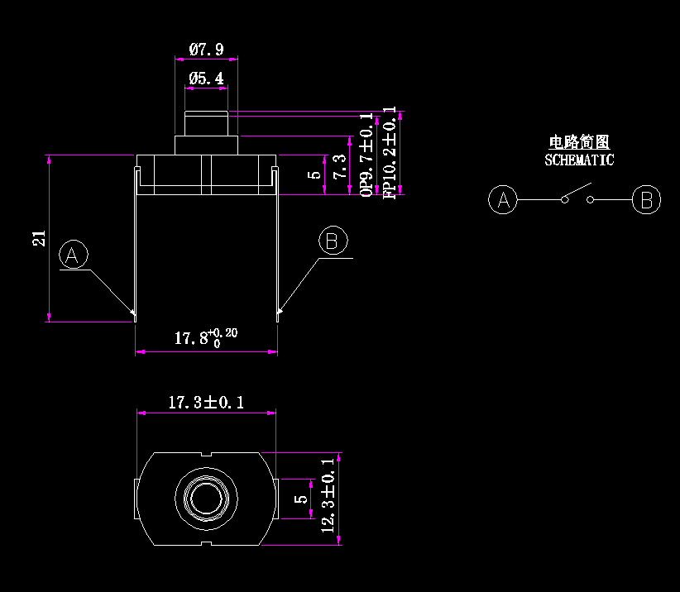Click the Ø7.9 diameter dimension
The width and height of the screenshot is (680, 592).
point(206,50)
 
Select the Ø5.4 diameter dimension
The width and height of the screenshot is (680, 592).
point(206,79)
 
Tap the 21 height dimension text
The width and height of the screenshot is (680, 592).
point(38,238)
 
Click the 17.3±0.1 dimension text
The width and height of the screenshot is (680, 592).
point(207,403)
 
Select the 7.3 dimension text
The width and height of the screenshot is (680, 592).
point(339,168)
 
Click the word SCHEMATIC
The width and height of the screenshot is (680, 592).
point(579,160)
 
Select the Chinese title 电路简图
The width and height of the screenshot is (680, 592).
point(579,143)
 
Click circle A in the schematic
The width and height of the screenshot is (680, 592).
point(503,200)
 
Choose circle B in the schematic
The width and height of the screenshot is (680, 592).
point(647,200)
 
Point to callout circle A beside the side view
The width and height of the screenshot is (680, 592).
point(74,255)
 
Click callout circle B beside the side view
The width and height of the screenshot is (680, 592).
point(333,241)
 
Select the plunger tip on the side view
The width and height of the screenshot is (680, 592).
point(206,123)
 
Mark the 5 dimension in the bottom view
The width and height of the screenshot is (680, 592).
point(303,498)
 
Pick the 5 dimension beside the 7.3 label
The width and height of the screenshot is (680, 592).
point(314,174)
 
